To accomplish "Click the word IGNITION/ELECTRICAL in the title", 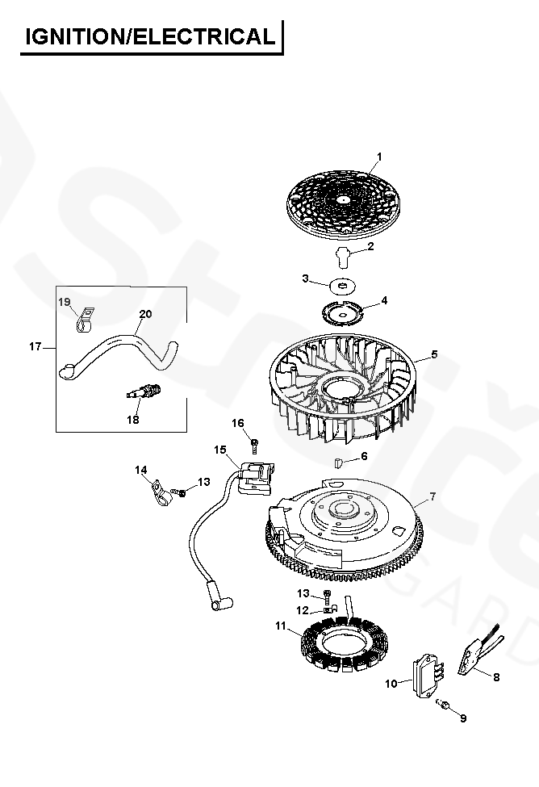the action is [x=150, y=36].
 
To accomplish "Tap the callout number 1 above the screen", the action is [x=379, y=156].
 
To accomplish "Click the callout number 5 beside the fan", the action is [x=344, y=311].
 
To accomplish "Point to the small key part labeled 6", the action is [x=434, y=354].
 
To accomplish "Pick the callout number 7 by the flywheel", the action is [x=340, y=463].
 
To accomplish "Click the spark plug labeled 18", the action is [x=432, y=496].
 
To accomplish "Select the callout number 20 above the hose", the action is [x=444, y=705].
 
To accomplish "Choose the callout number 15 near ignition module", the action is [x=302, y=610].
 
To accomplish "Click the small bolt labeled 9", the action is [x=255, y=442].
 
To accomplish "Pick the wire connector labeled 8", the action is [x=35, y=347].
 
